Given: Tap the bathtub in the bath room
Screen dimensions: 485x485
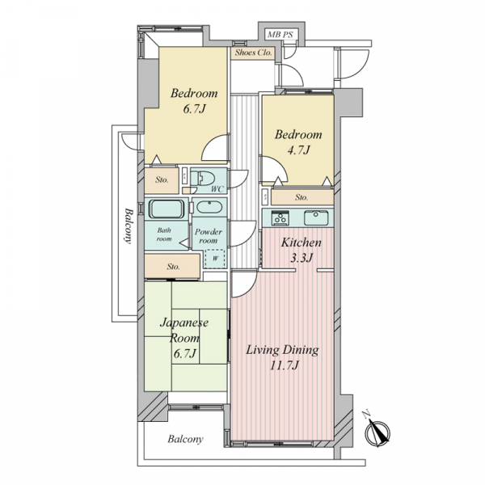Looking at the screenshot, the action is [167, 209].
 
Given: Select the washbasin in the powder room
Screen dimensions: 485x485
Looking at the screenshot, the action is [209, 207].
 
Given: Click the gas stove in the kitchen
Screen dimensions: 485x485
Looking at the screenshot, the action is [280, 218].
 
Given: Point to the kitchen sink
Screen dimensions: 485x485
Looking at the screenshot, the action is [316, 218].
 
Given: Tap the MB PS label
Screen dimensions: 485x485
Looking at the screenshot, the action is [280, 34].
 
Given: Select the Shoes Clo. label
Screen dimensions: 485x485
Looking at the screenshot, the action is [253, 53].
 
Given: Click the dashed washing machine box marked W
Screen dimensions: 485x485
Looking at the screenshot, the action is [215, 259].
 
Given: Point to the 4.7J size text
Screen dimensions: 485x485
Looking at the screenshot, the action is [298, 150].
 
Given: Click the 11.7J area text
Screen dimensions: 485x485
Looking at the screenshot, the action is [285, 366].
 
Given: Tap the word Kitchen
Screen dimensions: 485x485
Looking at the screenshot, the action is [301, 242].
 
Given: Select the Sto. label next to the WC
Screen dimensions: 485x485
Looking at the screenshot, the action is [162, 179].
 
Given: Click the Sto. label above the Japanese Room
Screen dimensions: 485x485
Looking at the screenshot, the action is [173, 267].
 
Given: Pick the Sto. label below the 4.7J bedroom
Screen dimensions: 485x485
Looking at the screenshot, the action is [302, 197].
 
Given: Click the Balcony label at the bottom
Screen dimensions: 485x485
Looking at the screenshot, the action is [185, 439].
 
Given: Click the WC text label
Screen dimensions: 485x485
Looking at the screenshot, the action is [217, 189].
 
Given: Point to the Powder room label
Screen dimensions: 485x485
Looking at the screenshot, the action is [209, 236].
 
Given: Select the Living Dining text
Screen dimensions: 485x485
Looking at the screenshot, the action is [282, 350].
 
